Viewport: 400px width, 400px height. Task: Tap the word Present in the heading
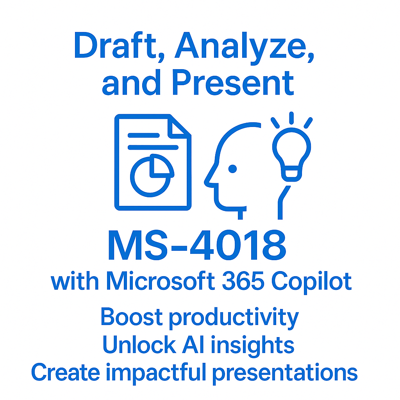(x=233, y=83)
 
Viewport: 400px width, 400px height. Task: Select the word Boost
(x=132, y=317)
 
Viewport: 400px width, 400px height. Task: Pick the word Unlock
(x=138, y=345)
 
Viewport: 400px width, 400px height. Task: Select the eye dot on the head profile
(x=232, y=169)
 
